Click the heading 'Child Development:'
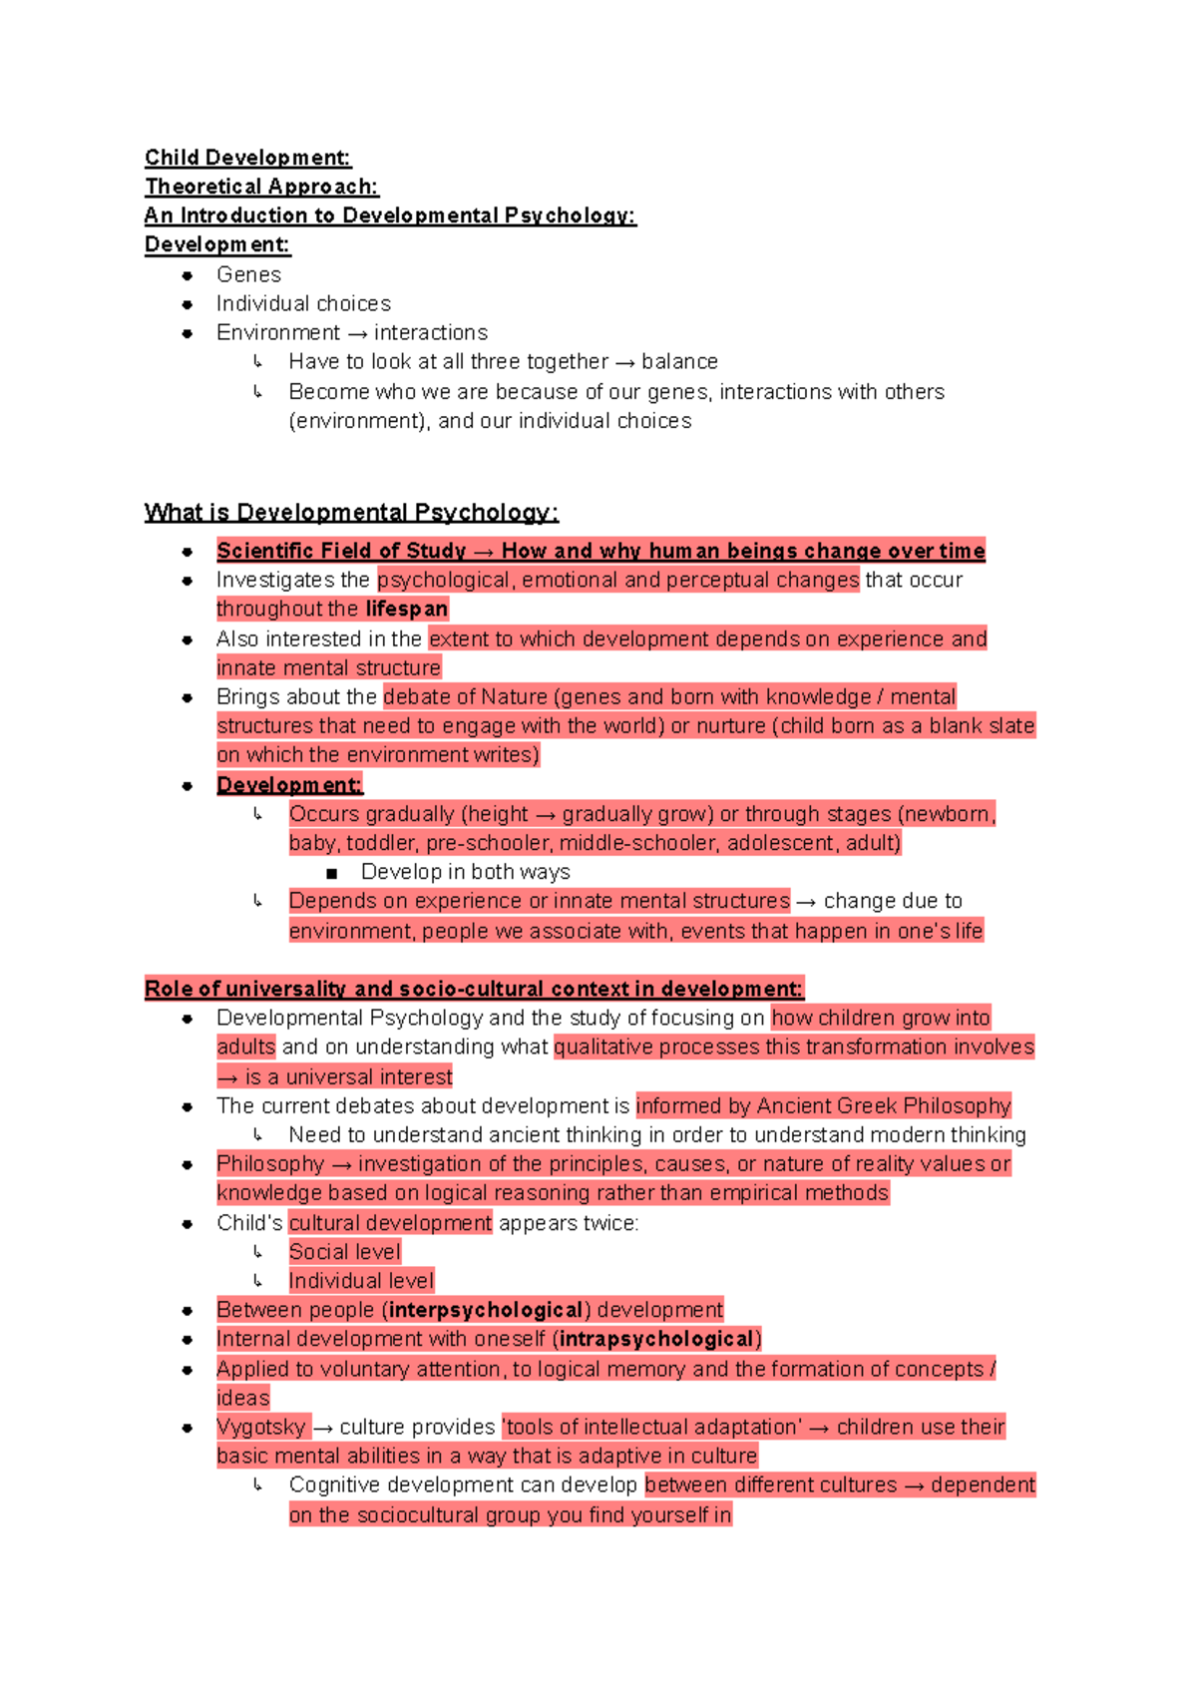click(247, 158)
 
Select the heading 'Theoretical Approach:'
click(261, 187)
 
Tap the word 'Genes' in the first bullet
click(248, 274)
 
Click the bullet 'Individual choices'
click(303, 303)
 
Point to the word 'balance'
click(679, 361)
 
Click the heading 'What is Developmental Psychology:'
click(351, 513)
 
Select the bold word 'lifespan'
click(406, 609)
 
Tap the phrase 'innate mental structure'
click(328, 667)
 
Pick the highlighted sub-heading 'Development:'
click(289, 785)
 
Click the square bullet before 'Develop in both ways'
click(332, 873)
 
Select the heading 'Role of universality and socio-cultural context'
click(473, 989)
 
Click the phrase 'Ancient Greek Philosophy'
click(884, 1105)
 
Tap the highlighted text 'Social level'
click(344, 1251)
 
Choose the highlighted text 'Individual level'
click(361, 1280)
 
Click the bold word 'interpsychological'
click(486, 1309)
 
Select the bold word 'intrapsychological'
click(656, 1339)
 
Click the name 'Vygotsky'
click(261, 1427)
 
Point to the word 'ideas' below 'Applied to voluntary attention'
click(243, 1398)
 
